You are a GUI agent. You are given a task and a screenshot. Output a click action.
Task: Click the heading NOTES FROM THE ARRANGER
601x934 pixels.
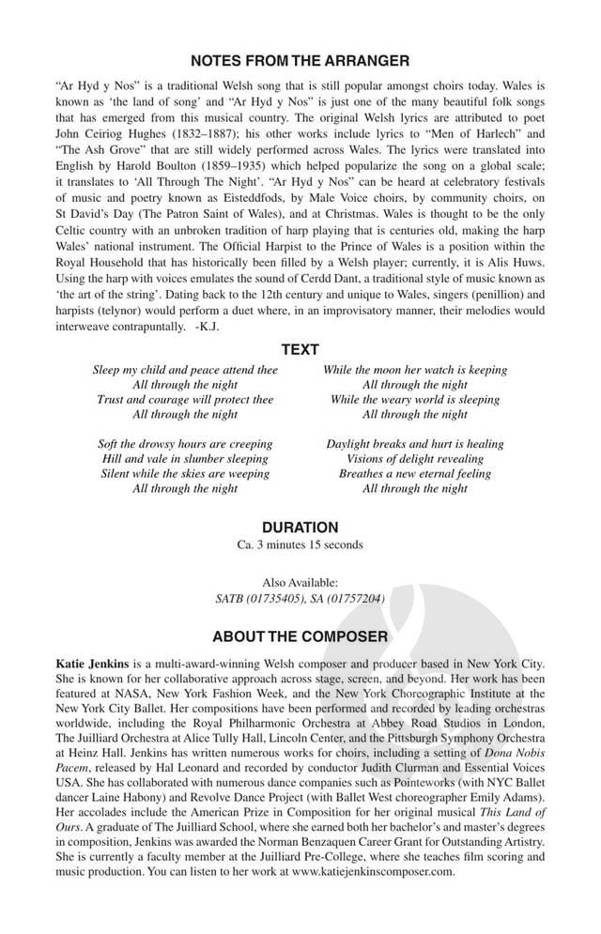tap(300, 61)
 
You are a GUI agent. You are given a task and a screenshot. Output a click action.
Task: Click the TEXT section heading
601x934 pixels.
tap(300, 349)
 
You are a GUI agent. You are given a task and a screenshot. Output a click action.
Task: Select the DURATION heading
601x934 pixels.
tap(300, 528)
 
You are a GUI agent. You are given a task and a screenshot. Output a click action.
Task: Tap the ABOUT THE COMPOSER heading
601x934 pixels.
tap(300, 636)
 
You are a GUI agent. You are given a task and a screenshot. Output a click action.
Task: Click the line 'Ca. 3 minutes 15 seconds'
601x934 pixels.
tap(300, 545)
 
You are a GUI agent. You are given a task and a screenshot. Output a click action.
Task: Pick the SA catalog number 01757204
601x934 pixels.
tap(352, 599)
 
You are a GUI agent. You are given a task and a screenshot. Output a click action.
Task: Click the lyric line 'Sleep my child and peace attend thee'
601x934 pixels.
tap(185, 370)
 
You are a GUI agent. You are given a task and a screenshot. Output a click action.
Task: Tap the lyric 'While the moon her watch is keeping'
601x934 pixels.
tap(415, 370)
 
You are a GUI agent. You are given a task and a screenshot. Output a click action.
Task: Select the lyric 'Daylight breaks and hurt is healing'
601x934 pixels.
tap(415, 444)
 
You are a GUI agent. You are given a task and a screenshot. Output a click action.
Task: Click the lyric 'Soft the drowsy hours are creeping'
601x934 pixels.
tap(185, 444)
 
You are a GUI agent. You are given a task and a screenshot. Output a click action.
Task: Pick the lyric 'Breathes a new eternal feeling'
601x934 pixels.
tap(415, 474)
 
